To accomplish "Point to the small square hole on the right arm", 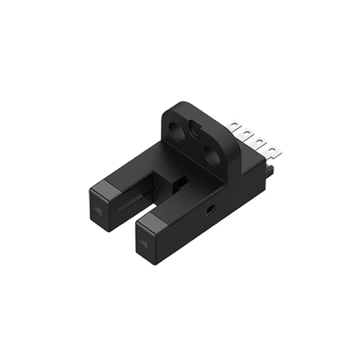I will click(x=209, y=208).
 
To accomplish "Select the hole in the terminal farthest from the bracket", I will click(x=274, y=149).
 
